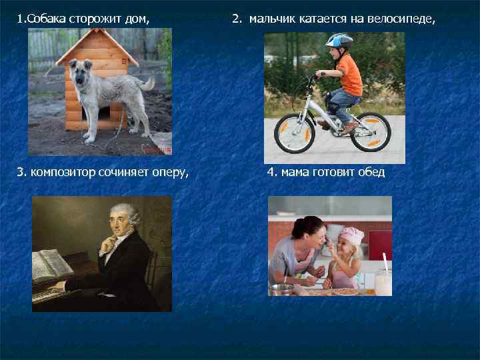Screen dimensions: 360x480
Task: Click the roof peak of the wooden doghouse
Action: click(x=97, y=33)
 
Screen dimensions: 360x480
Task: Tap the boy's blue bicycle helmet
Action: click(x=339, y=41)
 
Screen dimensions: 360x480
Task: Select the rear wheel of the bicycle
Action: click(x=370, y=131)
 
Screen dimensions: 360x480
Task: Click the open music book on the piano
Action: click(x=52, y=265)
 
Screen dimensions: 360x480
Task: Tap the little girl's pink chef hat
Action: click(x=352, y=235)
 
